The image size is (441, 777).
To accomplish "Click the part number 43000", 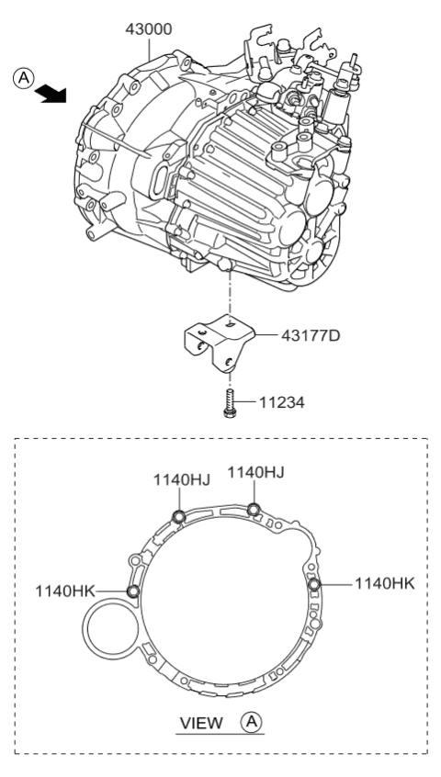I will [150, 29].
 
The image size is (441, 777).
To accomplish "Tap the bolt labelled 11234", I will [230, 402].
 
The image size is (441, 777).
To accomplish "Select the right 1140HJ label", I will [254, 472].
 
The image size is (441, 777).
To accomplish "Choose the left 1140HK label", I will [67, 590].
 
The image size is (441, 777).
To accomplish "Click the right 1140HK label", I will [385, 582].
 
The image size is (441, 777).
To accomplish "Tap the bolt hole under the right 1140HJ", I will [254, 509].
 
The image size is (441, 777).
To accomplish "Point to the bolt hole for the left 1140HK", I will [134, 591].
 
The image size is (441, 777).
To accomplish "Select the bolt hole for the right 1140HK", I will [314, 584].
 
